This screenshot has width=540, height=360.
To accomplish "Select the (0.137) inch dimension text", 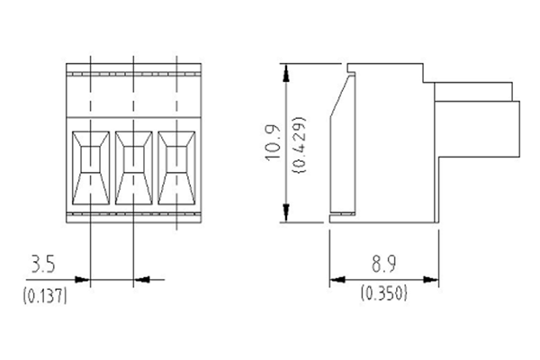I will pos(42,294).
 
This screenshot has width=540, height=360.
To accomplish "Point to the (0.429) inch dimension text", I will pos(299,145).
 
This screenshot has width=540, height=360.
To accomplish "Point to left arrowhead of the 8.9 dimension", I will pos(334,279).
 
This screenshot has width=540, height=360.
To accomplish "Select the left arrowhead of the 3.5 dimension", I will pos(86,279).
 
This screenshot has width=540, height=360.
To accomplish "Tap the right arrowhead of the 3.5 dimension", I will pos(139,279).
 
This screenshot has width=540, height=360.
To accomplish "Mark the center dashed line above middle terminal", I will pos(133,85).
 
